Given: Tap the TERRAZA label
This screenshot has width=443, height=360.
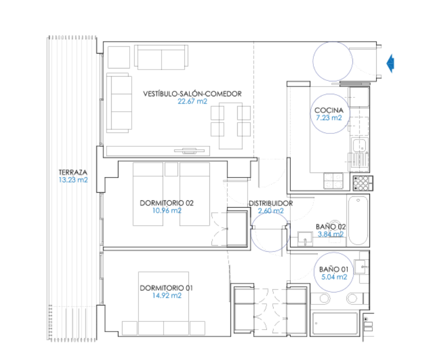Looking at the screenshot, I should (x=73, y=172).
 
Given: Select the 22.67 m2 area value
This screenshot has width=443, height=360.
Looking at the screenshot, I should (x=192, y=101).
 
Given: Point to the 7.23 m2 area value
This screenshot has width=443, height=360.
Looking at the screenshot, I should (x=328, y=118).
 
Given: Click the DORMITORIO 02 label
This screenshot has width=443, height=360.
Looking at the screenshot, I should (x=167, y=203).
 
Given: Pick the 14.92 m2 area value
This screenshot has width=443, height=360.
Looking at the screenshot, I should (x=167, y=296).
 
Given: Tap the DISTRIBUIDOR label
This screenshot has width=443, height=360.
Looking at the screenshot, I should (x=271, y=203).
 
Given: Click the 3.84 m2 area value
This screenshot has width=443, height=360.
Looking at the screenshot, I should (x=330, y=234).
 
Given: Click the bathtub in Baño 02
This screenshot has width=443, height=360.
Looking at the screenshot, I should (x=359, y=220).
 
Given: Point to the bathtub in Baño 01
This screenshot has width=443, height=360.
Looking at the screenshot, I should (x=334, y=324).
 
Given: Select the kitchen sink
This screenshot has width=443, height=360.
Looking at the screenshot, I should (x=359, y=145).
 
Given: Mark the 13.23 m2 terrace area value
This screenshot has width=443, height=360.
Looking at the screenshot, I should (x=73, y=180).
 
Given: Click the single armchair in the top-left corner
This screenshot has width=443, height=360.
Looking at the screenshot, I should (x=118, y=57).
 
